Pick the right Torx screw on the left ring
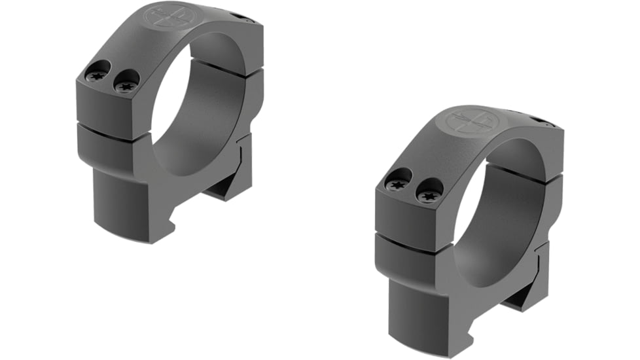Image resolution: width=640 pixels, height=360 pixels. pyautogui.click(x=125, y=83)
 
